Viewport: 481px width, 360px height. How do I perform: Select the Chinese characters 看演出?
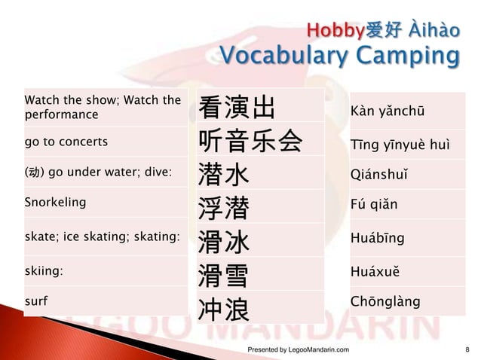tap(236, 109)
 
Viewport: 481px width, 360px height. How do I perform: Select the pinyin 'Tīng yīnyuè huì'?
tap(400, 145)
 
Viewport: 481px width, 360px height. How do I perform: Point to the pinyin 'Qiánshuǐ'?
tap(381, 175)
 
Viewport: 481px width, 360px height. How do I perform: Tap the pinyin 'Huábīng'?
tap(378, 238)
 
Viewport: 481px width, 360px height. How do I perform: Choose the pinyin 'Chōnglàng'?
tap(386, 301)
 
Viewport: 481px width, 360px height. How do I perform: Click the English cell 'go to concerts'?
tap(66, 142)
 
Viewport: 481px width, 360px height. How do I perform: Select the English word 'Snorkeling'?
tap(55, 202)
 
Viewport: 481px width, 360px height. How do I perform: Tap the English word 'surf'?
tap(35, 301)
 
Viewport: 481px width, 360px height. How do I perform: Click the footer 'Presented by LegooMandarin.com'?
tap(299, 350)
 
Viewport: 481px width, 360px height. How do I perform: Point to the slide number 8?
tap(467, 350)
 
